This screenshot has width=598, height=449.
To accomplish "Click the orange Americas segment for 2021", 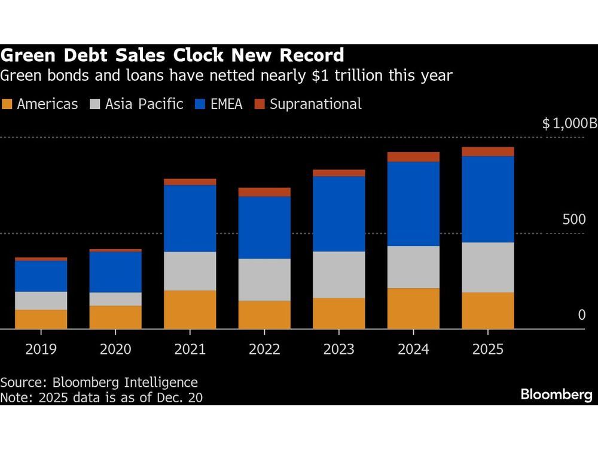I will pyautogui.click(x=190, y=310).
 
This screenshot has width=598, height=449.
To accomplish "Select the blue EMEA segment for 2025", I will pyautogui.click(x=487, y=199).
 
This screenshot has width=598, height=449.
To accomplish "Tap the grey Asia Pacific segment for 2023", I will pyautogui.click(x=338, y=274).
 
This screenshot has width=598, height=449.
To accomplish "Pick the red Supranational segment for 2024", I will pyautogui.click(x=413, y=157).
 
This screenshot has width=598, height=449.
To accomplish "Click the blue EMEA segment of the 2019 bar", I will pyautogui.click(x=41, y=276).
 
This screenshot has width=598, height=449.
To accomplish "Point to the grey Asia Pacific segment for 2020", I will pyautogui.click(x=115, y=299).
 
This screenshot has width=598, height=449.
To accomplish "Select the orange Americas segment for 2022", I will pyautogui.click(x=264, y=314).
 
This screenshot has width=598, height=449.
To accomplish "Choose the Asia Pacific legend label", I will pyautogui.click(x=144, y=104).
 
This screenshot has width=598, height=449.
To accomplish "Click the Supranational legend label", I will pyautogui.click(x=315, y=104).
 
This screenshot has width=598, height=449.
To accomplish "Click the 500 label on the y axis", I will pyautogui.click(x=574, y=219).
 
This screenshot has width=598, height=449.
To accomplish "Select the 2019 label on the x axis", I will pyautogui.click(x=41, y=349).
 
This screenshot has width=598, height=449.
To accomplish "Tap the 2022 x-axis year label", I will pyautogui.click(x=264, y=349).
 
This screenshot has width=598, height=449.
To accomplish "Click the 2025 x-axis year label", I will pyautogui.click(x=487, y=349).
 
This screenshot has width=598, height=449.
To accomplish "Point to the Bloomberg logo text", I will pyautogui.click(x=556, y=395).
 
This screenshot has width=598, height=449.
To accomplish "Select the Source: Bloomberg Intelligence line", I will pyautogui.click(x=99, y=382).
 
